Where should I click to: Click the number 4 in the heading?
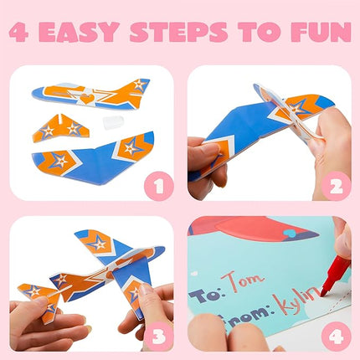(20, 33)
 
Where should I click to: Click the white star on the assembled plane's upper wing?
(100, 244)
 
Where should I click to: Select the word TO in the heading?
(270, 33)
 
